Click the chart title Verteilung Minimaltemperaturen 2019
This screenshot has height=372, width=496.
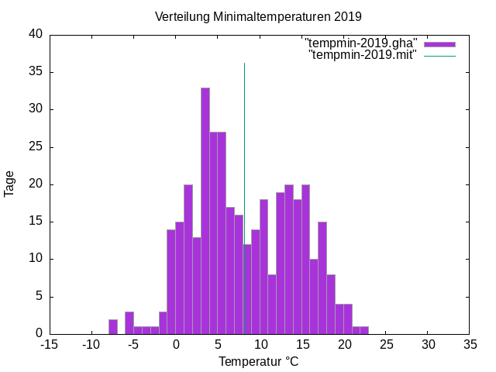coord(258,16)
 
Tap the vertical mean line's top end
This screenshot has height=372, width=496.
coord(244,64)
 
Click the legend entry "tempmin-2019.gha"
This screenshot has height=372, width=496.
coord(362,43)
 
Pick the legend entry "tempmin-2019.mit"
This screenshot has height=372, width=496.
coord(363,54)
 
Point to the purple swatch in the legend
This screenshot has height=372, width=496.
coord(439,43)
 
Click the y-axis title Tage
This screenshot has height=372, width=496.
coord(9,184)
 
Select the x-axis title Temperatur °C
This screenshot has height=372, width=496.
coord(258,361)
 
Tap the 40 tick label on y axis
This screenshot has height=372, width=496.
coord(36,34)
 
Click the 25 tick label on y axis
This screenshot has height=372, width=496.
coord(36,146)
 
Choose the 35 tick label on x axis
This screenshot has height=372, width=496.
coord(469,344)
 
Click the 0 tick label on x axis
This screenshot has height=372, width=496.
coord(176,344)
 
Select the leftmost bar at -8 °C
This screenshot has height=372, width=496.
coord(113,326)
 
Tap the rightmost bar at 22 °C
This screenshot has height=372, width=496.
coord(364,330)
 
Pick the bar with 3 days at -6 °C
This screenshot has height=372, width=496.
coord(129,322)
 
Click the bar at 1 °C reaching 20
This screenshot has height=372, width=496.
coord(188,259)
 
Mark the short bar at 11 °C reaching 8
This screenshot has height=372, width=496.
coord(272,304)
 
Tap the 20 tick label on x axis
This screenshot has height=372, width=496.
coord(343,344)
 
